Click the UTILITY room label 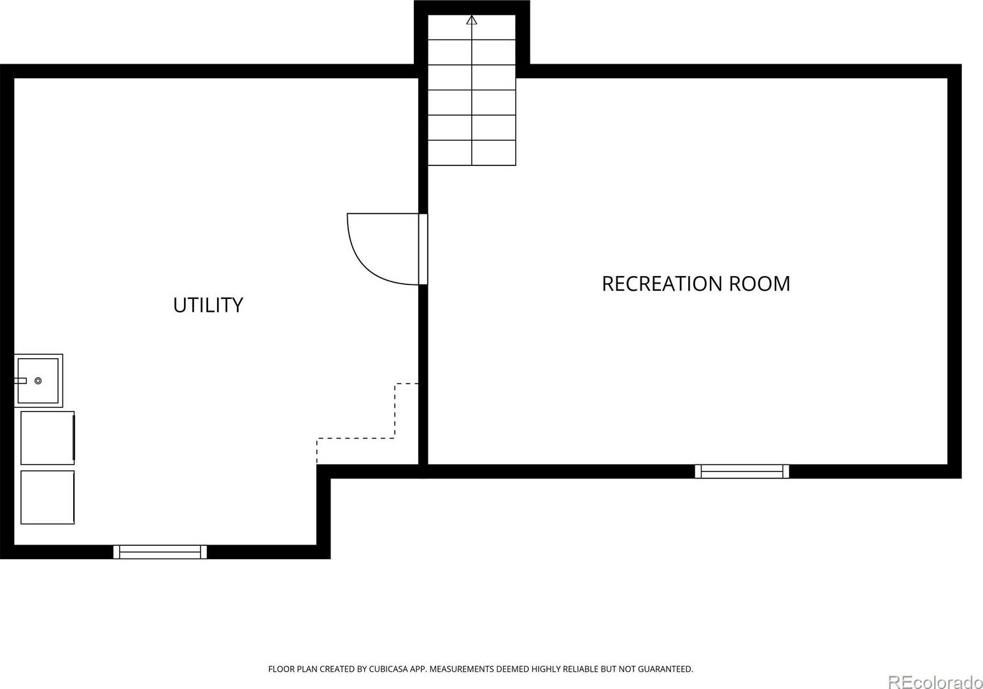pyautogui.click(x=208, y=305)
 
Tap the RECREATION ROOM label pyautogui.click(x=696, y=284)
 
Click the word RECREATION pyautogui.click(x=662, y=284)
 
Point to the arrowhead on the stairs pyautogui.click(x=472, y=20)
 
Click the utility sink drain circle pyautogui.click(x=38, y=380)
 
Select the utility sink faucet pyautogui.click(x=20, y=380)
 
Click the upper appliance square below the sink pyautogui.click(x=47, y=438)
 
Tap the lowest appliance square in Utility pyautogui.click(x=47, y=498)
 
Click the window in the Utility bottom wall pyautogui.click(x=160, y=552)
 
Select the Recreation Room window pyautogui.click(x=742, y=471)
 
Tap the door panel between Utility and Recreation pyautogui.click(x=423, y=249)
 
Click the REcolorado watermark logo pyautogui.click(x=935, y=683)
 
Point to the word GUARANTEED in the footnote pyautogui.click(x=665, y=669)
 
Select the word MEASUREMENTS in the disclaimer pyautogui.click(x=462, y=669)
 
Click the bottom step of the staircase pyautogui.click(x=472, y=153)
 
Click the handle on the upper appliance pyautogui.click(x=74, y=438)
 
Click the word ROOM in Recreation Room pyautogui.click(x=760, y=284)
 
